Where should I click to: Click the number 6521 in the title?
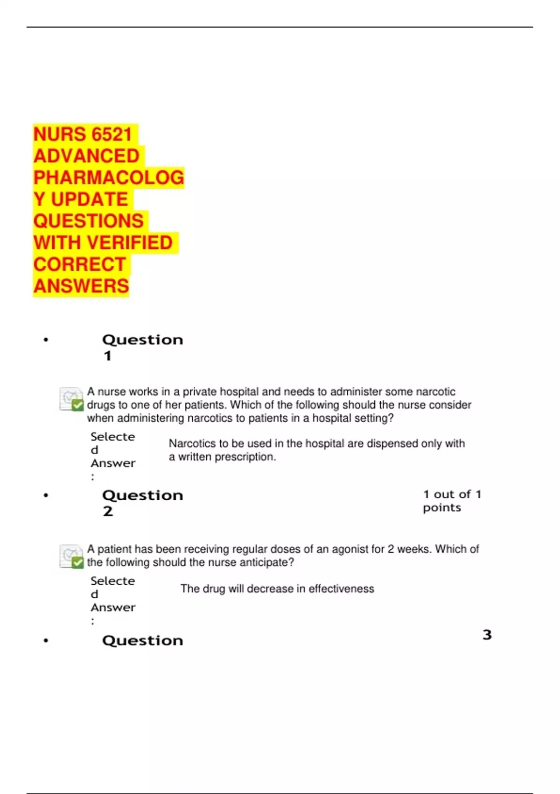pos(112,135)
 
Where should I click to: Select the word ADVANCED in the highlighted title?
pos(86,156)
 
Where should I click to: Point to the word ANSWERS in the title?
pos(81,286)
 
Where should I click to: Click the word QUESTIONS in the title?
pos(89,221)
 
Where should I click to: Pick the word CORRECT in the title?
pos(80,264)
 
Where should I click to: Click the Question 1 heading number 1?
pos(108,356)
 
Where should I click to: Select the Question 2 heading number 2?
pos(108,511)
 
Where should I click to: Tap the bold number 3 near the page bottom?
pos(487,635)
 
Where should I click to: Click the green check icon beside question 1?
pos(77,405)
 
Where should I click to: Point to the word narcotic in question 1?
pos(435,391)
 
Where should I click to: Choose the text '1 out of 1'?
pos(452,494)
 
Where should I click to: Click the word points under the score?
pos(442,508)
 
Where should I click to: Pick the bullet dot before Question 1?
pos(46,340)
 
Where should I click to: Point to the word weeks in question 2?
pos(413,549)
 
